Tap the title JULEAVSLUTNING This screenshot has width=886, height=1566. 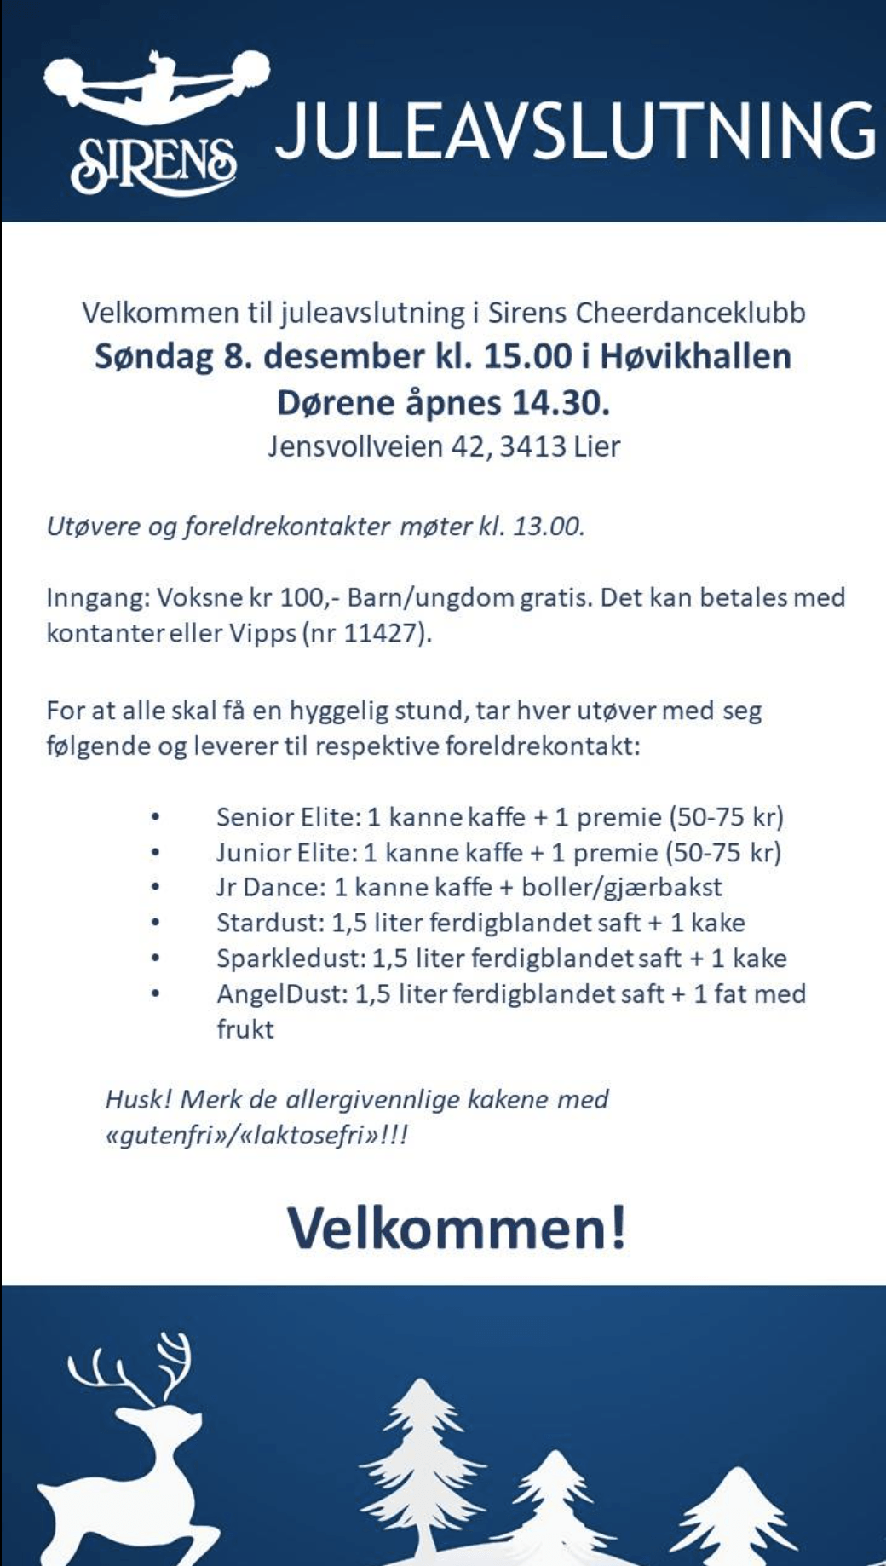[x=576, y=132]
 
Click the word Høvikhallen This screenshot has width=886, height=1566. [x=695, y=356]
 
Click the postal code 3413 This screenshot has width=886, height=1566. [x=532, y=446]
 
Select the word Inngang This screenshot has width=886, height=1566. [x=96, y=597]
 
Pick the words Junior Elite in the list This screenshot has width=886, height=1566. [x=283, y=852]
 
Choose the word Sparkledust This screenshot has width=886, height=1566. [x=291, y=958]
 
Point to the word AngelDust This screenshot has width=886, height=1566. [x=279, y=993]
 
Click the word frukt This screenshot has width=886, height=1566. [x=245, y=1028]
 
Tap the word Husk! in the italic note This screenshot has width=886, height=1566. [x=139, y=1099]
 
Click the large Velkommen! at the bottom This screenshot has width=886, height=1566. [x=457, y=1229]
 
